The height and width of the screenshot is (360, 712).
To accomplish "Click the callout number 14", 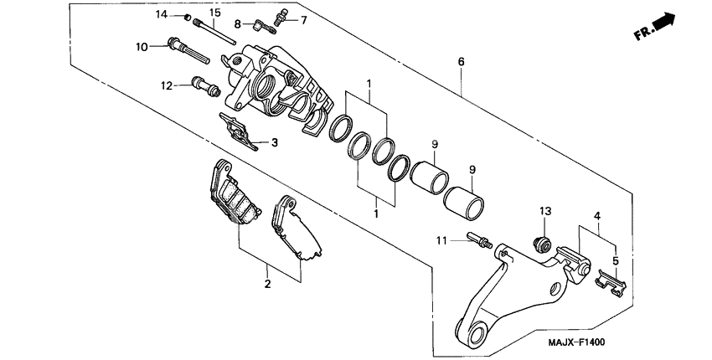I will click(161, 15).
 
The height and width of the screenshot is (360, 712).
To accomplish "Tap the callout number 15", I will click(214, 13).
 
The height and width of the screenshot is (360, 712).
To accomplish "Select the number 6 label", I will click(460, 62).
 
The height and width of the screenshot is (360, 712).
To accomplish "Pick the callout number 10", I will click(140, 46).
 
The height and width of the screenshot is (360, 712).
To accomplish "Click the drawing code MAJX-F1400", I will click(576, 343).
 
